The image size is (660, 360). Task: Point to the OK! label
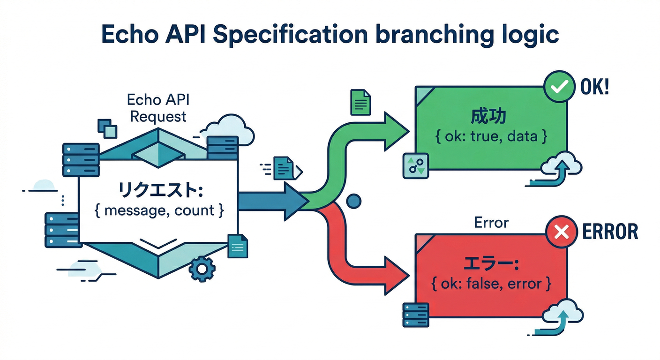(594, 88)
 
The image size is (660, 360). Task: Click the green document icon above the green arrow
(360, 102)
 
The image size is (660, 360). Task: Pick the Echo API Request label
(158, 108)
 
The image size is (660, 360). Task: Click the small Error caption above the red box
(491, 223)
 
